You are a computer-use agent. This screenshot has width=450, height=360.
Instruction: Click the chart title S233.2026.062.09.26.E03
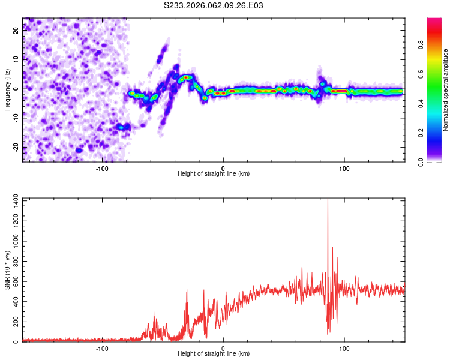coord(214,5)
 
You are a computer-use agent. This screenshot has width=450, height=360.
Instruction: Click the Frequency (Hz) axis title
coord(7,90)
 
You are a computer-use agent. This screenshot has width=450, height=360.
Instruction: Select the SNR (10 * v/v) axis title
coord(7,270)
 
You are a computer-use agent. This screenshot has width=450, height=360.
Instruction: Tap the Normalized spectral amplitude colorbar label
coord(446,90)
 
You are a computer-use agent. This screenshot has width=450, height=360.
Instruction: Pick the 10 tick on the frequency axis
coord(16,59)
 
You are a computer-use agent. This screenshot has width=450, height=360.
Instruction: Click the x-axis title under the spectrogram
coord(214,173)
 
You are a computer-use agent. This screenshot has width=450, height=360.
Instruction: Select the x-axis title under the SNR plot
coord(214,353)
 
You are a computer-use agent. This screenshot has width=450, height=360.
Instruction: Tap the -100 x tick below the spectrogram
coord(102,168)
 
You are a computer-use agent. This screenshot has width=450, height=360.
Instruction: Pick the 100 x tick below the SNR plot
coord(344,348)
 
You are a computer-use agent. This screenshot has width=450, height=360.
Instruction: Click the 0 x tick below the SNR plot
coord(223,348)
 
